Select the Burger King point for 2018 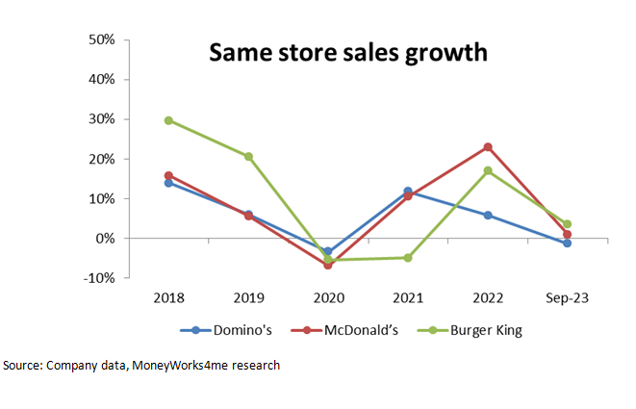click(168, 120)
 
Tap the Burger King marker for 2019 click(248, 156)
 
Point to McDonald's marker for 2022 click(488, 147)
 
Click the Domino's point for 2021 click(408, 192)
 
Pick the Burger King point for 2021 click(408, 258)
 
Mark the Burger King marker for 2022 click(488, 170)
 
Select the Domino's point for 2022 click(488, 216)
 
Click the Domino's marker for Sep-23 click(568, 243)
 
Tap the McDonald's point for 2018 click(168, 175)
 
